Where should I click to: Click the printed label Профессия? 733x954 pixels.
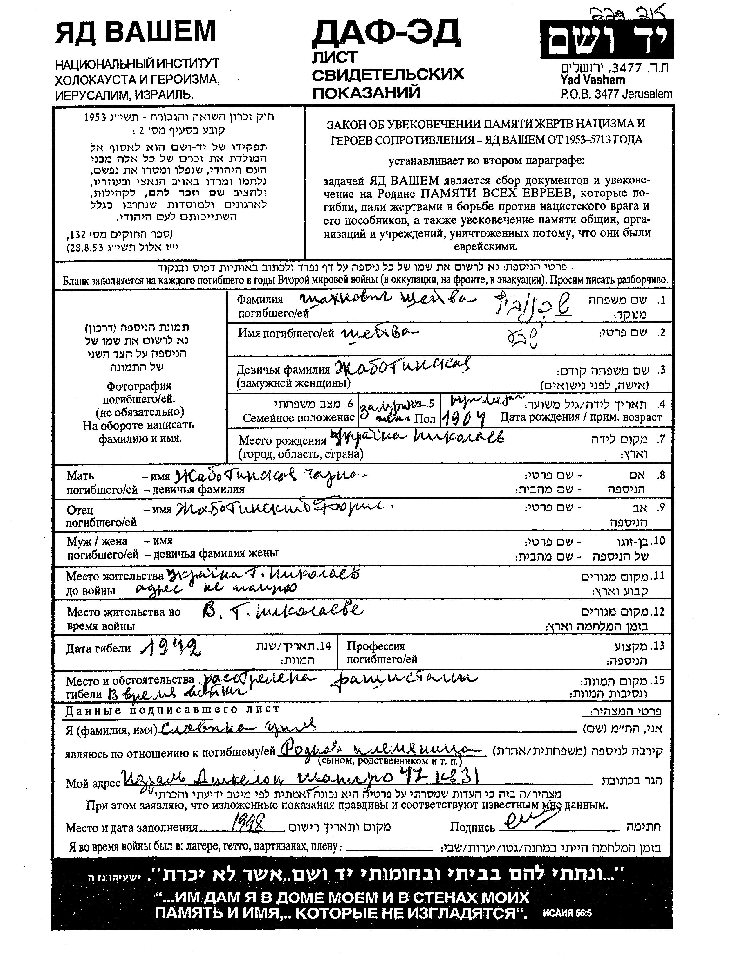coord(376,646)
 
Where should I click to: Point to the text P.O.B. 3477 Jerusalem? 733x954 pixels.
coord(616,94)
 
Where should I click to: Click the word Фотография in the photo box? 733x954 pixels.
coord(139,386)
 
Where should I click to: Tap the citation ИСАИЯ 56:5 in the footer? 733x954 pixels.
coord(568,913)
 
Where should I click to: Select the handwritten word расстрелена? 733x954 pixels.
coord(257,679)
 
